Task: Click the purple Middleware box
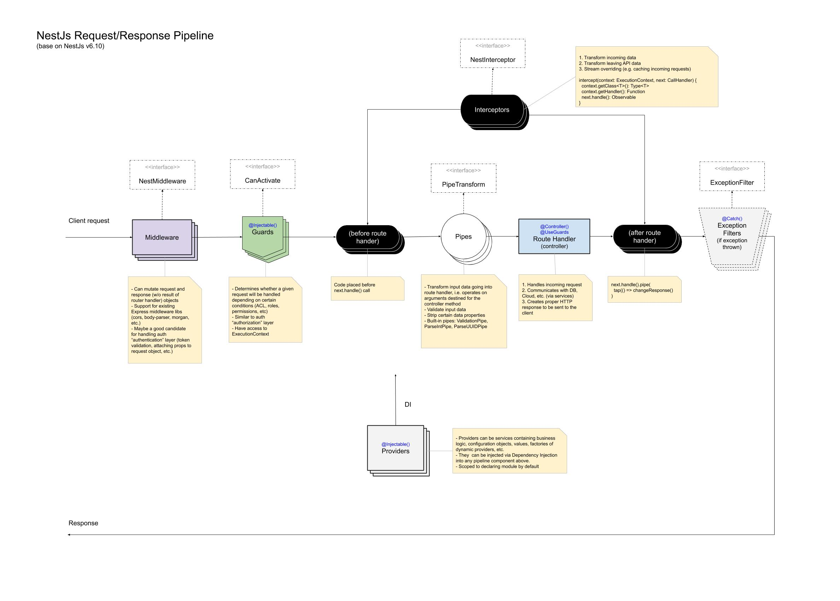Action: coord(162,237)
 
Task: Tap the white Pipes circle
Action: coord(463,237)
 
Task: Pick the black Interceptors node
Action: coord(492,110)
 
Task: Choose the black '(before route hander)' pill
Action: coord(367,237)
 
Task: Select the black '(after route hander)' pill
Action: coord(644,237)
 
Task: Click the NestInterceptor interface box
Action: coord(492,54)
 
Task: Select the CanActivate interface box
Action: coord(262,174)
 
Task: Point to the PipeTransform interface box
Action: coord(463,179)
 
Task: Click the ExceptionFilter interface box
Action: coord(731,176)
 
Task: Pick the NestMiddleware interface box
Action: coord(162,175)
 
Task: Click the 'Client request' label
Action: coord(89,221)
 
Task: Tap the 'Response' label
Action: coord(83,523)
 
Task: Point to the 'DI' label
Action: coord(408,404)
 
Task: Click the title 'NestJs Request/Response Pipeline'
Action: coord(125,35)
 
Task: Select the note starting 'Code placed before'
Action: coord(367,288)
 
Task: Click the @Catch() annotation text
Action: coord(731,219)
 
